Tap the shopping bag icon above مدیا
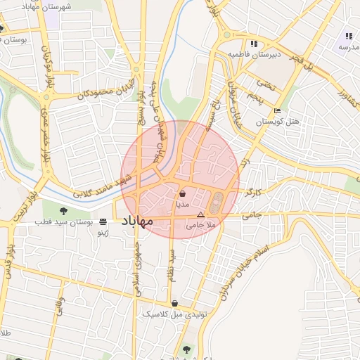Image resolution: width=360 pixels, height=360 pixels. coord(182,193)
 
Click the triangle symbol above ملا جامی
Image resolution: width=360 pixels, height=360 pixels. coord(200,214)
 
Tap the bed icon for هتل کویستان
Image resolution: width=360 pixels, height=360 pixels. coord(277,110)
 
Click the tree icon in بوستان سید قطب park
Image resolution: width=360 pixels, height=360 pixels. coord(63,210)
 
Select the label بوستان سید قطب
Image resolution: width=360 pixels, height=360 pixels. coord(64,221)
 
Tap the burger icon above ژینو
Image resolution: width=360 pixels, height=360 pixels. coord(103,221)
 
